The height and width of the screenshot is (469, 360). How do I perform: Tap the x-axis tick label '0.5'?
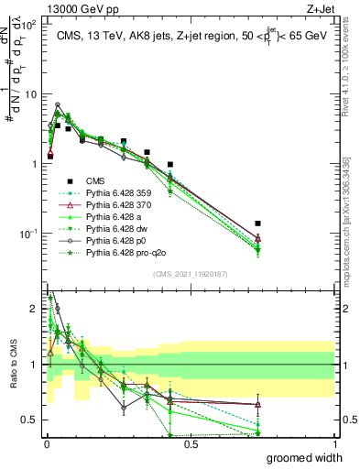pyautogui.click(x=191, y=443)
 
